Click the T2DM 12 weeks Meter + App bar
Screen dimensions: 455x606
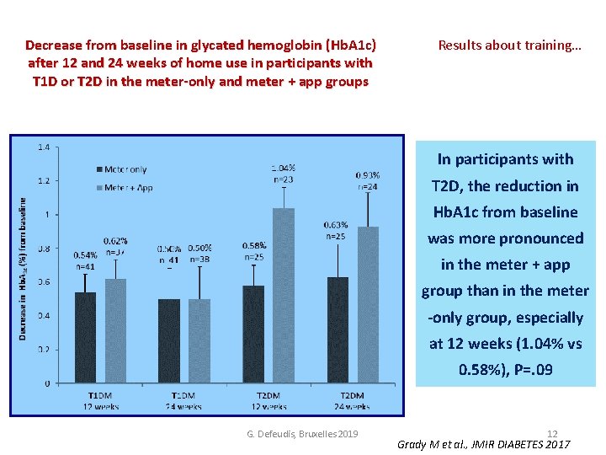click(x=284, y=296)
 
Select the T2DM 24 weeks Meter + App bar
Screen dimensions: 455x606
click(x=368, y=305)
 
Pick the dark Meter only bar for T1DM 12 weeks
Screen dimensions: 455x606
click(x=86, y=337)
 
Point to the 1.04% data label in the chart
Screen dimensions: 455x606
click(x=283, y=169)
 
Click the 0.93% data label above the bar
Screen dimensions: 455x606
click(x=368, y=175)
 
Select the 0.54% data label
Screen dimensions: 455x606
click(x=86, y=254)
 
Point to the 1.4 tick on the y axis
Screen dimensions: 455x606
click(x=43, y=147)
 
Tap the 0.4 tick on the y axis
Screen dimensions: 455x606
click(x=43, y=316)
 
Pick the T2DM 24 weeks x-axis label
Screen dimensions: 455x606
click(x=353, y=401)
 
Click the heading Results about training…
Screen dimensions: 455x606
click(x=509, y=45)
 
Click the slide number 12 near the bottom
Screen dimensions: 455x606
click(x=552, y=433)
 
